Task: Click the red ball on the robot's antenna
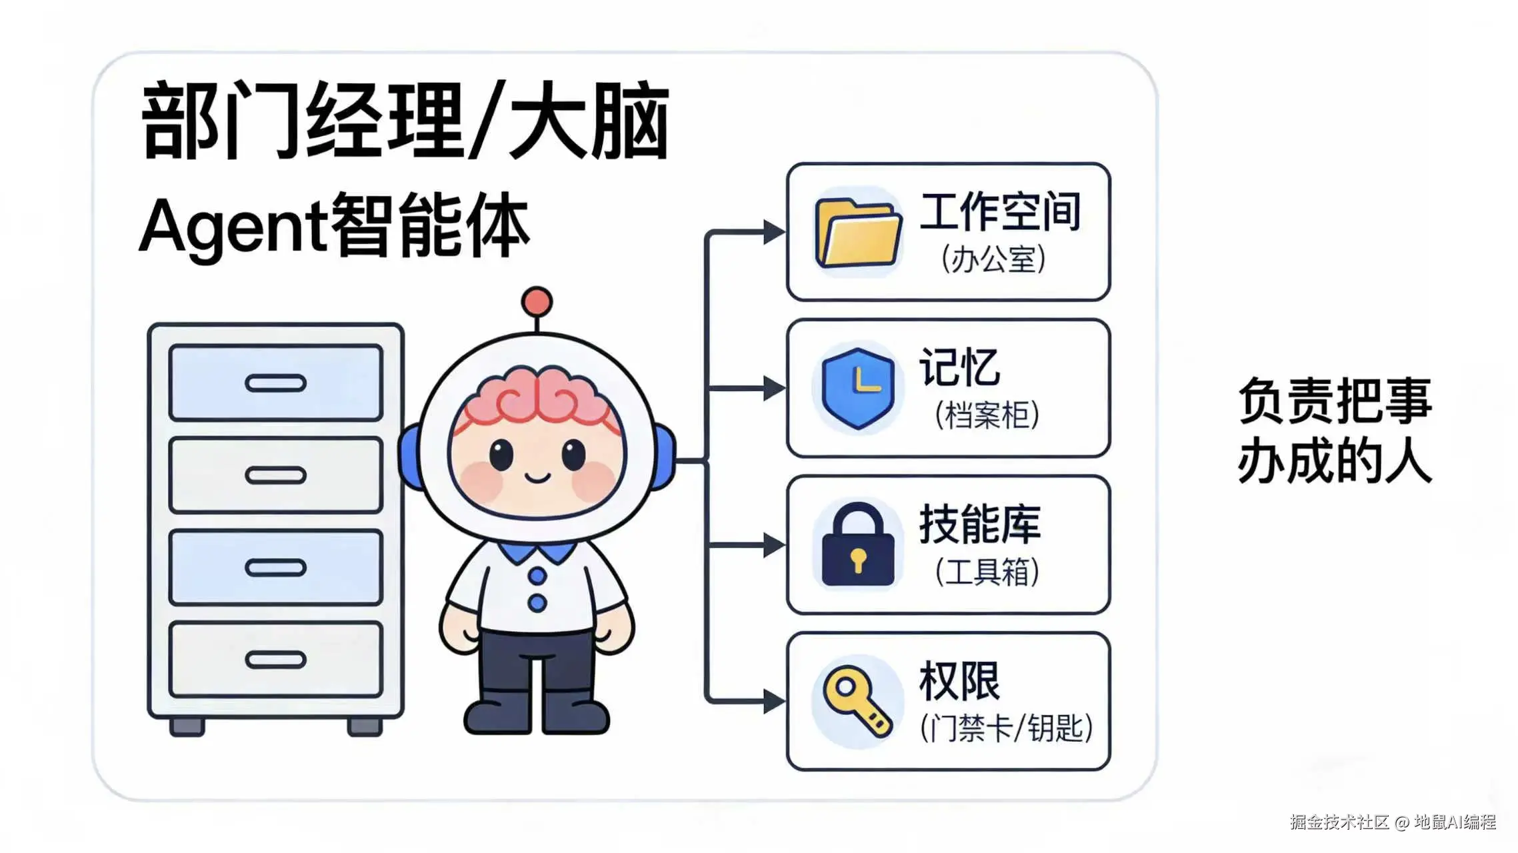click(x=537, y=302)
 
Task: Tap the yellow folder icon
click(x=858, y=233)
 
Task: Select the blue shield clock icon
click(x=858, y=388)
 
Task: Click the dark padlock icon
click(x=858, y=545)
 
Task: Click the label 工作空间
click(x=1000, y=212)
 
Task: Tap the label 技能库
click(x=980, y=524)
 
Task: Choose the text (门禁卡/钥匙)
click(x=1006, y=728)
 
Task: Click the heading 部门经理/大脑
click(x=405, y=121)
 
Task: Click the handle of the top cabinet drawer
click(x=275, y=383)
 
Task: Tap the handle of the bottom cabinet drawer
click(x=275, y=660)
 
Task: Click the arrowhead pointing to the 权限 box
click(x=774, y=701)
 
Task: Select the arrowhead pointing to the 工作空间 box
click(x=774, y=232)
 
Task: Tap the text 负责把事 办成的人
click(x=1335, y=430)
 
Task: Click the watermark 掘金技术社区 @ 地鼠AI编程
click(x=1393, y=822)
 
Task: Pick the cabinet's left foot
click(x=187, y=726)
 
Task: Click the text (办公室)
click(x=993, y=259)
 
